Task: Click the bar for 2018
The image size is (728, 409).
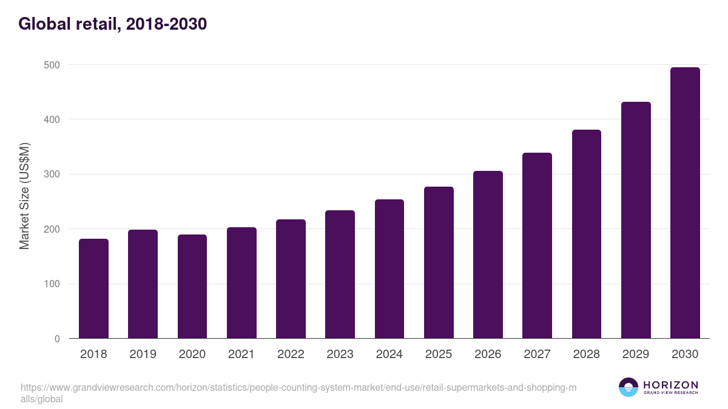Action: (x=93, y=288)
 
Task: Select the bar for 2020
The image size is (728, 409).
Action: (x=192, y=287)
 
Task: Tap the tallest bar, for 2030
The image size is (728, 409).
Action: (x=685, y=203)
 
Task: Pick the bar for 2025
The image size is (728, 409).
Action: (x=439, y=262)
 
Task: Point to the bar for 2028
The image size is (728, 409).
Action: (x=587, y=234)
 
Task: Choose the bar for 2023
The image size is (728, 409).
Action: (x=340, y=274)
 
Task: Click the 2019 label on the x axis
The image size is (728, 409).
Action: (x=143, y=354)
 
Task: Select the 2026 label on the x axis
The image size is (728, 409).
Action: (x=488, y=354)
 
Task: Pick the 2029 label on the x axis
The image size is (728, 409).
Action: (x=636, y=354)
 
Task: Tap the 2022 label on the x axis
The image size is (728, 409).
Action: (x=291, y=354)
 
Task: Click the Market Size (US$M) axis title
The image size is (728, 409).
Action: (x=24, y=196)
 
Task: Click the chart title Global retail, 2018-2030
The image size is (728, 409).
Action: (x=113, y=24)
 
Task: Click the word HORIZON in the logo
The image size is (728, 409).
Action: (x=670, y=385)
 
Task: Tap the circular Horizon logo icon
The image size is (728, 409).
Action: (x=629, y=387)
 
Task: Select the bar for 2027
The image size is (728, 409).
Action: (x=537, y=245)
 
